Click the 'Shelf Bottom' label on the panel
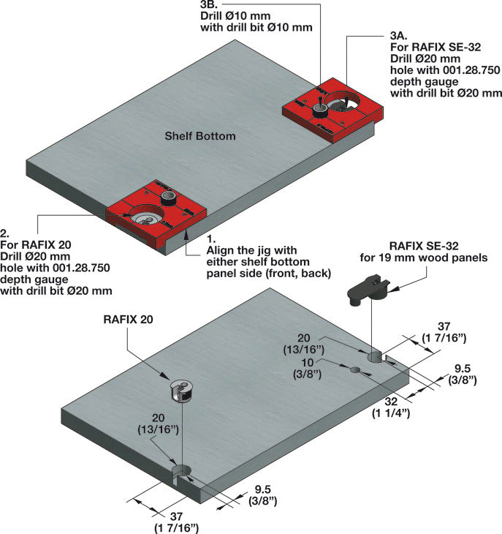coord(199,136)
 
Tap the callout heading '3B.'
coord(211,5)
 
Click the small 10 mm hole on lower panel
coord(356,370)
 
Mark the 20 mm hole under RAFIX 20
coord(180,470)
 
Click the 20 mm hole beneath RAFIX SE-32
coord(376,356)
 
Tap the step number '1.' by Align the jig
coord(212,239)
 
